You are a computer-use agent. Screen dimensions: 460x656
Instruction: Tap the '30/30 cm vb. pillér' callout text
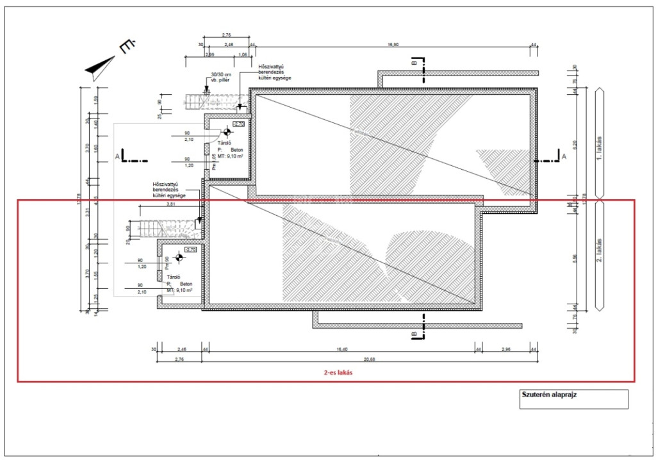coord(216,78)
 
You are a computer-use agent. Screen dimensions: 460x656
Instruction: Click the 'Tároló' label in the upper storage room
coord(224,144)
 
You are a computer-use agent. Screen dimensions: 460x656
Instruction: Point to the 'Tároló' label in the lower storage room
coord(174,277)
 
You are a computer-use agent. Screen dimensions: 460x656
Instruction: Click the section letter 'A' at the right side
coord(564,156)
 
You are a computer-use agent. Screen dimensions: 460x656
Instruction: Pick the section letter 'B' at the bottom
coord(414,334)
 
